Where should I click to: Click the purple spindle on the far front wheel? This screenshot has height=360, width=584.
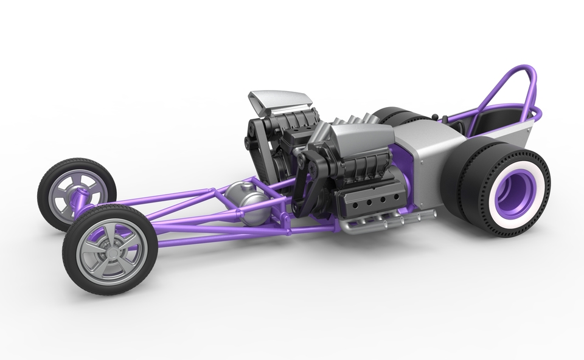tap(78, 198)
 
